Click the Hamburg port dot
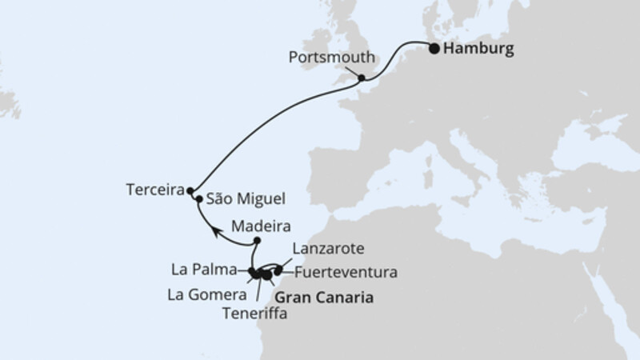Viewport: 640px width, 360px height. (x=434, y=48)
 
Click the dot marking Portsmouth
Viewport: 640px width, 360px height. (x=362, y=78)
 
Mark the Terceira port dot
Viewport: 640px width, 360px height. (x=190, y=191)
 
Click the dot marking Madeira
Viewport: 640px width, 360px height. (x=257, y=240)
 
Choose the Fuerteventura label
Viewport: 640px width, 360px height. (x=346, y=272)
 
